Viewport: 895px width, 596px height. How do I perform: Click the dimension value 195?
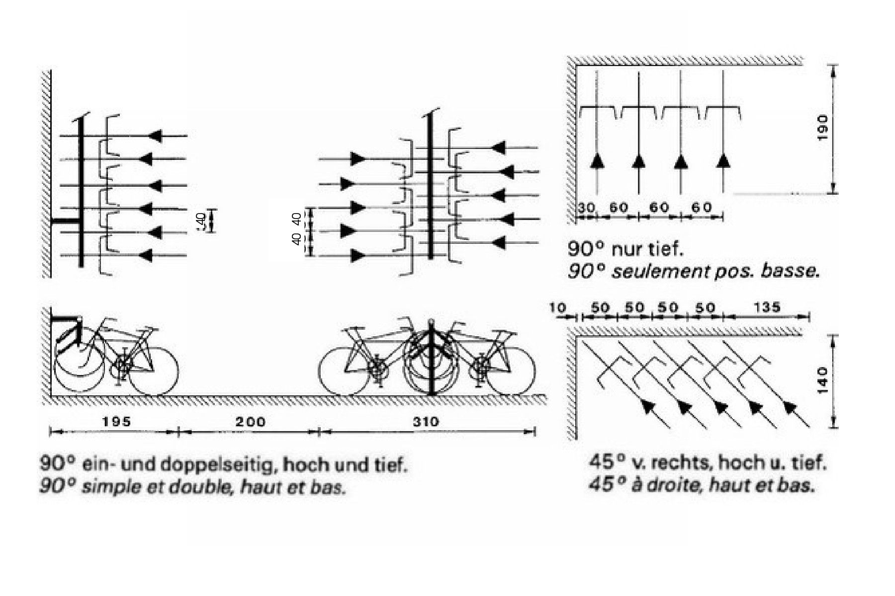116,422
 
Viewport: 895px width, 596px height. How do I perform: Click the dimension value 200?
250,422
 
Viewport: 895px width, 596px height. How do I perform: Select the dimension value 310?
426,422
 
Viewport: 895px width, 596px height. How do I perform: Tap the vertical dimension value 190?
822,127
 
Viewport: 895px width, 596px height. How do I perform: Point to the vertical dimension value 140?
822,380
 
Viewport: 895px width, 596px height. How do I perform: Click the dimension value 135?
767,307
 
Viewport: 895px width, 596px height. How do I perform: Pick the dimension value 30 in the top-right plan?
587,207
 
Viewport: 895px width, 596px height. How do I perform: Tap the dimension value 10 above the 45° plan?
557,307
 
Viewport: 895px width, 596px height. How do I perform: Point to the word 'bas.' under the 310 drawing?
328,487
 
